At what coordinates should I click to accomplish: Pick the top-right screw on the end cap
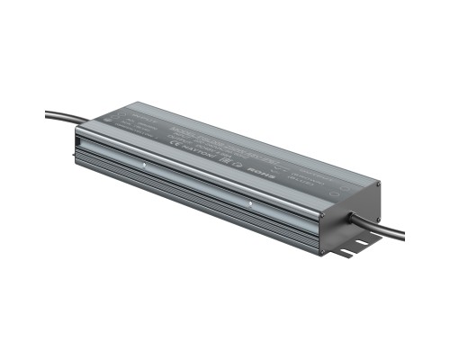tap(379, 184)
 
